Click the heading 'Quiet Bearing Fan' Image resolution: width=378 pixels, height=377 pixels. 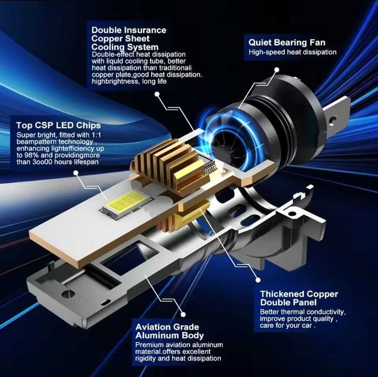287,43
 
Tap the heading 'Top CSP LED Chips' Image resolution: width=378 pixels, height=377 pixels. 59,125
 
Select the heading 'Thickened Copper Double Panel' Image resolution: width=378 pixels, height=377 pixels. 299,298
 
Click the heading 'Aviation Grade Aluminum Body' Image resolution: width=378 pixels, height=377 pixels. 170,331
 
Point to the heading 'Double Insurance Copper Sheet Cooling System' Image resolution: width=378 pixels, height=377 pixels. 129,38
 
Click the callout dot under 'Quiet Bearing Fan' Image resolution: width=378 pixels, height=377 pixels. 277,70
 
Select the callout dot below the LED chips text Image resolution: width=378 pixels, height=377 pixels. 76,173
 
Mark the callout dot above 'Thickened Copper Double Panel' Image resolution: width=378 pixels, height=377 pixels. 258,280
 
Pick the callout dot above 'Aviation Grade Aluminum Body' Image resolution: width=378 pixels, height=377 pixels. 183,314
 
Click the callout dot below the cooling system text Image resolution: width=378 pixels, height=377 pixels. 157,94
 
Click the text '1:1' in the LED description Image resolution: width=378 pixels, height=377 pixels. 96,135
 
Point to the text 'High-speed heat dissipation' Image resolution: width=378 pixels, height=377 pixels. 292,52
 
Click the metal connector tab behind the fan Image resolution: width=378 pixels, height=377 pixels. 337,115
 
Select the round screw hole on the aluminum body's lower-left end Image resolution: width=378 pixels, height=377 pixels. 68,294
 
